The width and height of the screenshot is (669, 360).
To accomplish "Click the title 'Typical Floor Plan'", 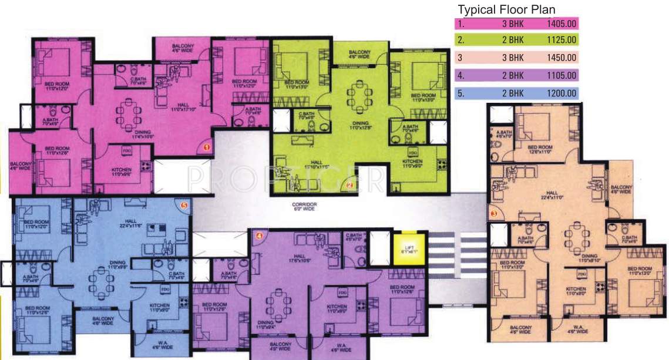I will point(506,10).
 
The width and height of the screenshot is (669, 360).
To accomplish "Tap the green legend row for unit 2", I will point(517,40).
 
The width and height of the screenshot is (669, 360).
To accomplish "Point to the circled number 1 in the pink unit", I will point(207,148).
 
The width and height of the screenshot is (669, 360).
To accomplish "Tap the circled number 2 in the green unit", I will point(349,186).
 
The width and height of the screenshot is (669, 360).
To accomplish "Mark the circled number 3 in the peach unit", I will point(493,213).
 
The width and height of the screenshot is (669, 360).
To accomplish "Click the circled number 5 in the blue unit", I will point(184,206).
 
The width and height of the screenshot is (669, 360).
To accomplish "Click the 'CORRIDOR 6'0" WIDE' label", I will point(304,206).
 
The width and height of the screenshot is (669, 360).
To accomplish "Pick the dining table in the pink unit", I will point(127,114).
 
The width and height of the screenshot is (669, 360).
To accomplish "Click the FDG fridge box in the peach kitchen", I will point(583,274).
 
